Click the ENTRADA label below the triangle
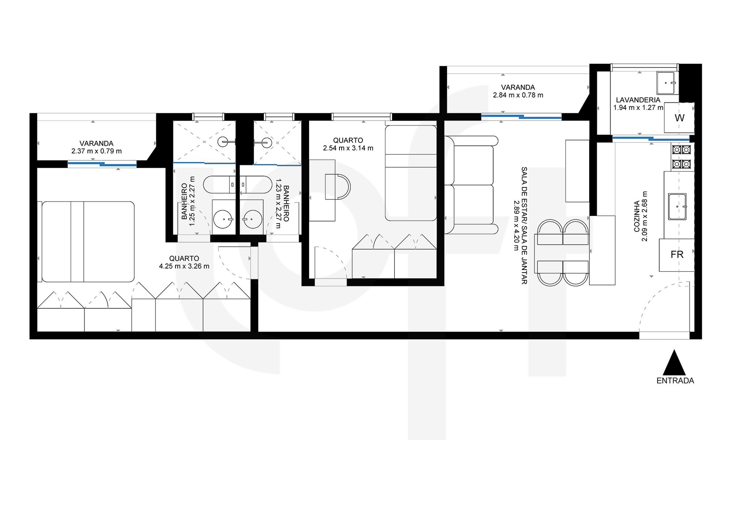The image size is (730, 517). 675,381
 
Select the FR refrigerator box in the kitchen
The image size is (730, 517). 677,255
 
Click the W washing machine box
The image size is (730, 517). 679,118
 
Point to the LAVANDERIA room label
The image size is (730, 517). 638,100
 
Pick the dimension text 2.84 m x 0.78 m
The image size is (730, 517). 518,95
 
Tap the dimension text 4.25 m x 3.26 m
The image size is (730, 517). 184,266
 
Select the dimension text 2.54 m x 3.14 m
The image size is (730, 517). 348,148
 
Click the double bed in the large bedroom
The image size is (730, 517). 88,242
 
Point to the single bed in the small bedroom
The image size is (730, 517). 411,173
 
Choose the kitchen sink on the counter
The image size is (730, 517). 677,206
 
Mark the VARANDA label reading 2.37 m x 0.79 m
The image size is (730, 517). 96,147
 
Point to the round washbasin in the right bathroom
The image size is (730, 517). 253,219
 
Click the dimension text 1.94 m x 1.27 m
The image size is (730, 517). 638,108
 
